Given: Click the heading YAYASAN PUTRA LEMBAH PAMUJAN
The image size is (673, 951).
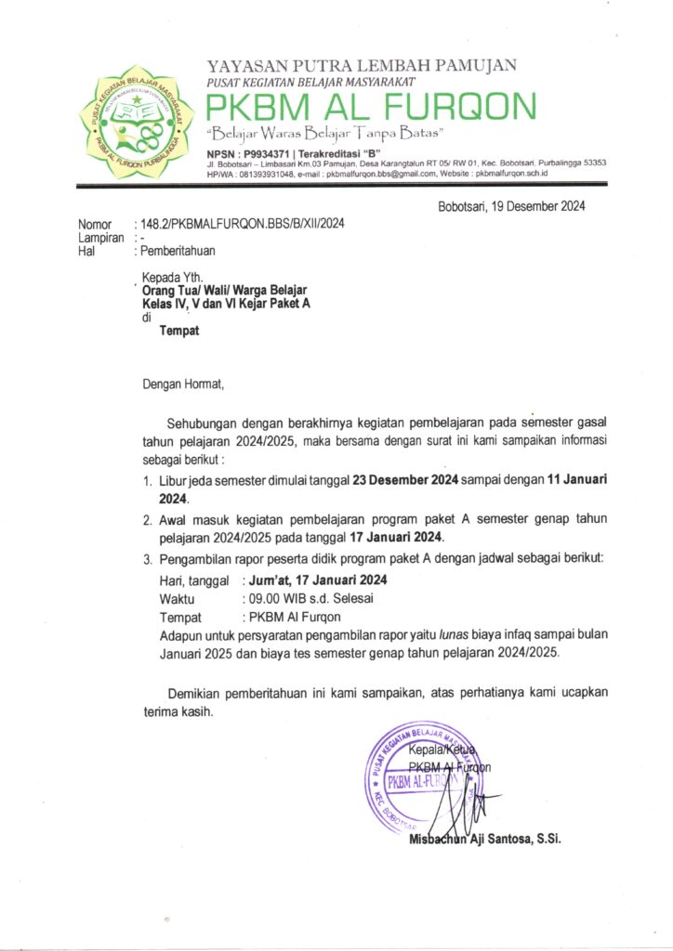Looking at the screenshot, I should [x=362, y=66].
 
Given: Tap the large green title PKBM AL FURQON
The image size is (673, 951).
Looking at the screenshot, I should [x=371, y=107].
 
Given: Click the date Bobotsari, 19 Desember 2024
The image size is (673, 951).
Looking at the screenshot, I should [x=511, y=207].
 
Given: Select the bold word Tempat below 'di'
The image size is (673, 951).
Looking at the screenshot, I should [x=179, y=330].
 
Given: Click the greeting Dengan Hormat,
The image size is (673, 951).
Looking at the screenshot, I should [x=183, y=382].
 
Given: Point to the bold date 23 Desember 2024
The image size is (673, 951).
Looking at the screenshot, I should [x=406, y=481].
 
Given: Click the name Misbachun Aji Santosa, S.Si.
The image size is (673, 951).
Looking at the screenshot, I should [x=483, y=840].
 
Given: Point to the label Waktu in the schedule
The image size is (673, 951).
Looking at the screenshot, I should [x=178, y=599].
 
